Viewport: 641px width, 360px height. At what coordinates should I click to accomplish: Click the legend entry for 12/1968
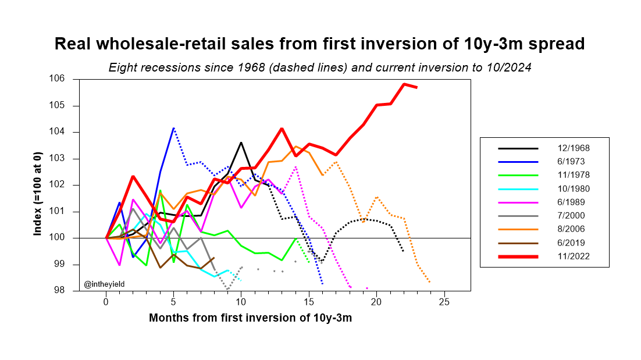click(x=574, y=148)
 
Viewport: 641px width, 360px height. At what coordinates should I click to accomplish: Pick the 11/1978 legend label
click(x=574, y=176)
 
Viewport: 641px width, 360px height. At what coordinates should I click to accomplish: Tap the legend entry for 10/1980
click(x=574, y=189)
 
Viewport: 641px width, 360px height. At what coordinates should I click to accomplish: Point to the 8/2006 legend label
click(x=574, y=229)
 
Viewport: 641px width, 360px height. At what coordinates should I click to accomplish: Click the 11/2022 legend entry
click(x=574, y=256)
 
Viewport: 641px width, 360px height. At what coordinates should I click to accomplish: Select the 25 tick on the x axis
click(x=444, y=302)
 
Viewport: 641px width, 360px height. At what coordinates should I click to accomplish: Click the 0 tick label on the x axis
click(x=106, y=302)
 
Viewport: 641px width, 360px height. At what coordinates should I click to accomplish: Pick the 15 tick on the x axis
click(x=309, y=302)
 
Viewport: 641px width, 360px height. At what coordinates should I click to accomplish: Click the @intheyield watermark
click(x=105, y=284)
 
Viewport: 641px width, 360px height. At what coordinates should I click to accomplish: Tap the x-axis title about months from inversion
click(x=250, y=318)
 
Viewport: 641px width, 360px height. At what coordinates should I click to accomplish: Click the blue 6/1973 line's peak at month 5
click(x=173, y=127)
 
